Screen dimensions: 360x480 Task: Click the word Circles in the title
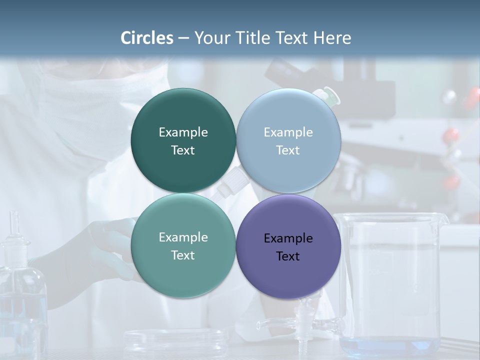coord(147,38)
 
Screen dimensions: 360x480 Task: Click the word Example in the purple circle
coord(288,238)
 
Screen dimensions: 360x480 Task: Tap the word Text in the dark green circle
coord(183,150)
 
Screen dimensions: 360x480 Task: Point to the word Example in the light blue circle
coord(288,132)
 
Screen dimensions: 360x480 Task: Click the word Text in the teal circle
coord(183,255)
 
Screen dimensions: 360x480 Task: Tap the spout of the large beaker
coord(442,218)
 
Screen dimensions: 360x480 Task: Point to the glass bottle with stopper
coord(20,290)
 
